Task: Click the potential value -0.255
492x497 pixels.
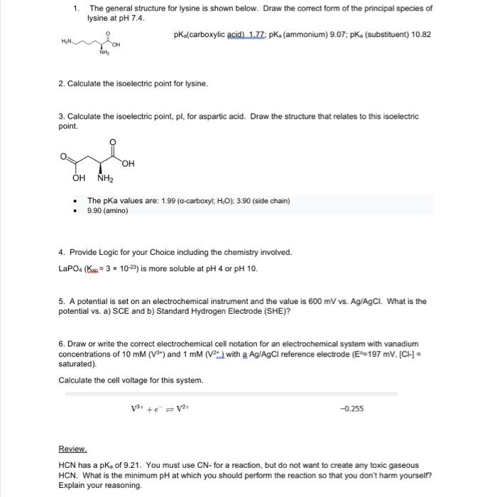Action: coord(351,408)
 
